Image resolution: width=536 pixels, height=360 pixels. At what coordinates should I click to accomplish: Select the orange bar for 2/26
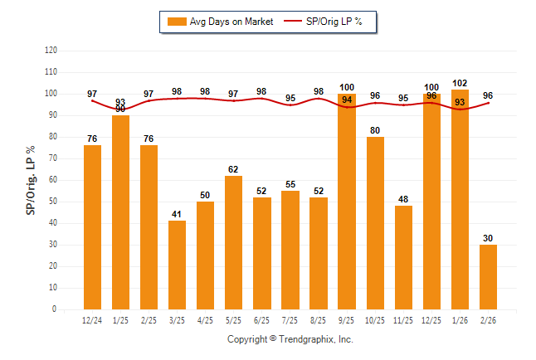coord(488,277)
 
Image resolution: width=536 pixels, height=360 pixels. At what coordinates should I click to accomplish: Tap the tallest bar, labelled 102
coord(460,199)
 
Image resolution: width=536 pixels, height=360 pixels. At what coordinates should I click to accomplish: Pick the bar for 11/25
coord(403,257)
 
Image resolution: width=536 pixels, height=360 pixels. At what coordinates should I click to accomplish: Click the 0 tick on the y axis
coord(55,309)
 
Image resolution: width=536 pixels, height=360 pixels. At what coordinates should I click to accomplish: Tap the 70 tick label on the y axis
coord(52,158)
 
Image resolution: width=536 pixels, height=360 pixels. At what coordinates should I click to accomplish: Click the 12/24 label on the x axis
coord(92,320)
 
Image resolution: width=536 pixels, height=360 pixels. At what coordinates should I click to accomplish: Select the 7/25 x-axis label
coord(290,320)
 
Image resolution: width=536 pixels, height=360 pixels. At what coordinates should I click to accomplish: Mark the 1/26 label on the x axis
coord(460,320)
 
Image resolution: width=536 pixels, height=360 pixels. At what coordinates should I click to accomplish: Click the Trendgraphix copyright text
coord(290,339)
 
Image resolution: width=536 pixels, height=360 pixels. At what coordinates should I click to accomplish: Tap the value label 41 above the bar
coord(177,214)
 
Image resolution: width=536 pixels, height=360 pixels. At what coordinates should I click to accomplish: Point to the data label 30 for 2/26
coord(488,238)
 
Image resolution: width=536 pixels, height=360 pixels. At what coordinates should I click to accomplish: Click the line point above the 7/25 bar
coord(290,105)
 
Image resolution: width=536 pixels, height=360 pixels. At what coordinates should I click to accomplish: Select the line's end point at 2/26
coord(488,103)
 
